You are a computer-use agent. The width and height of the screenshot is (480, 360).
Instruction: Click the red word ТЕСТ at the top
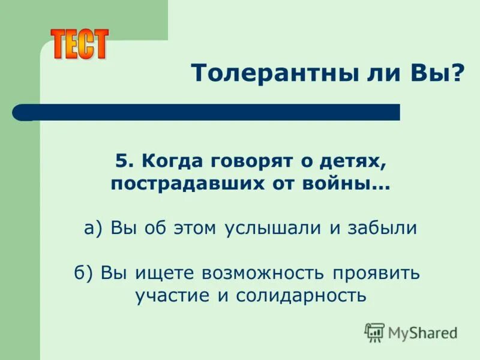pyautogui.click(x=79, y=44)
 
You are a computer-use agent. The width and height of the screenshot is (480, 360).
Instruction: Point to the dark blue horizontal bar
pyautogui.click(x=207, y=112)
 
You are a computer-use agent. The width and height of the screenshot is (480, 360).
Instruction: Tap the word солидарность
pyautogui.click(x=301, y=295)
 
